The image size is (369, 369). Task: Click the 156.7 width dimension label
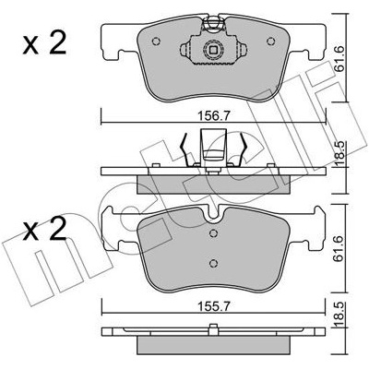click(x=213, y=116)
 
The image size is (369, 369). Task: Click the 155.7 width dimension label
click(x=213, y=306)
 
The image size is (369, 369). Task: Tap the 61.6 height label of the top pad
click(x=339, y=59)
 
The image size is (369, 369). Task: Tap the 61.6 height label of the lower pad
click(x=339, y=249)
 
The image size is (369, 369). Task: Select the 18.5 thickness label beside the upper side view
click(x=339, y=155)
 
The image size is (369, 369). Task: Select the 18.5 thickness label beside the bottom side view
click(x=339, y=315)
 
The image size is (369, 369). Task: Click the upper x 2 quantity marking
click(x=44, y=43)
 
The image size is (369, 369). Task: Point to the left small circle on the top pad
click(x=156, y=41)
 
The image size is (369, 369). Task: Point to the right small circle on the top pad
click(x=270, y=41)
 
